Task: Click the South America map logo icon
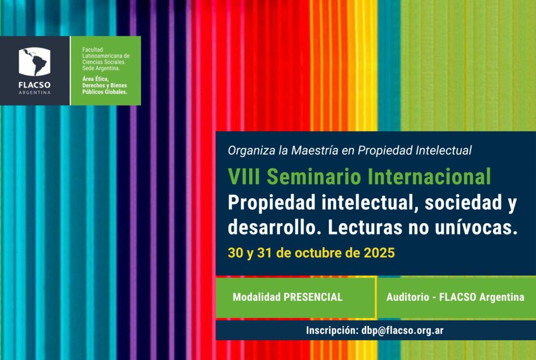click(35, 62)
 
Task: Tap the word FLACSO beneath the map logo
click(35, 85)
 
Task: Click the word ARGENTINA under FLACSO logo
click(35, 93)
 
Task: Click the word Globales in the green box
click(115, 92)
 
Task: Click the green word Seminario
click(314, 176)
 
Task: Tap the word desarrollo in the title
click(274, 228)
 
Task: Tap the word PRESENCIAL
click(313, 297)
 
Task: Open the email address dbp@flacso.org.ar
click(403, 331)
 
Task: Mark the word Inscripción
click(331, 331)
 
